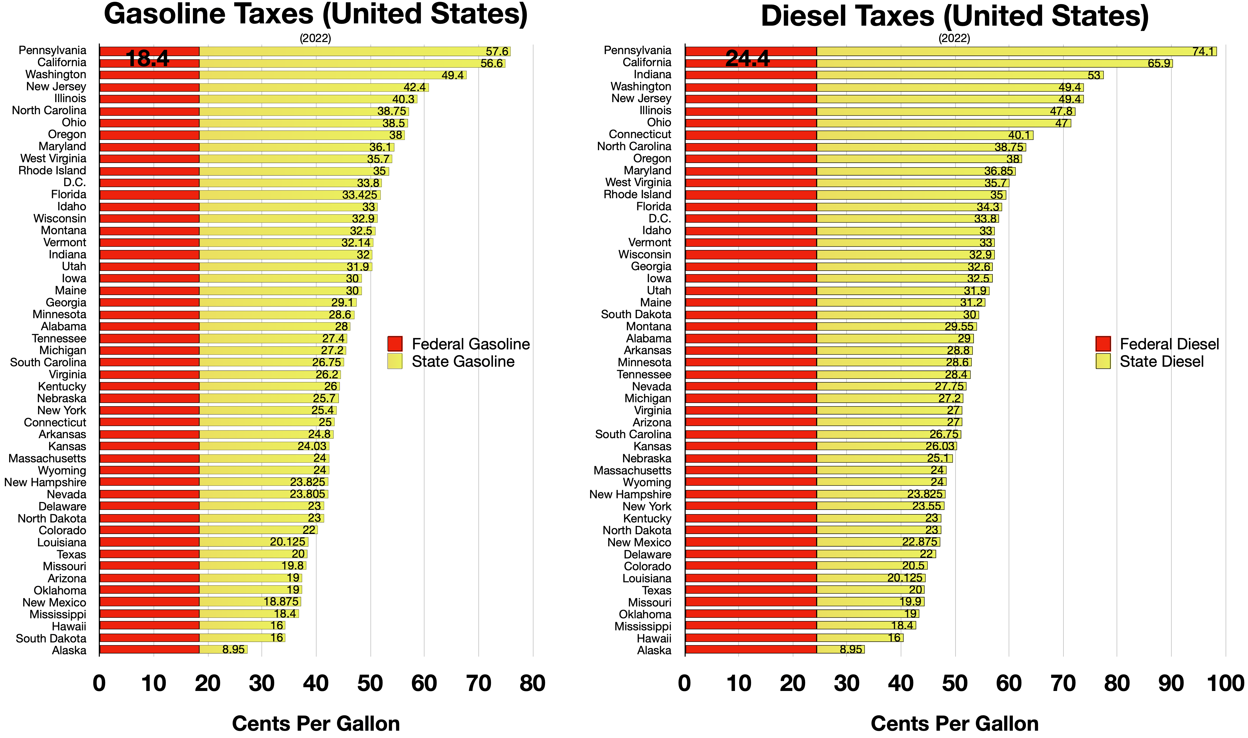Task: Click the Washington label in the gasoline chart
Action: click(x=56, y=75)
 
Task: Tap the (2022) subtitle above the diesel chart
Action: click(x=954, y=38)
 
